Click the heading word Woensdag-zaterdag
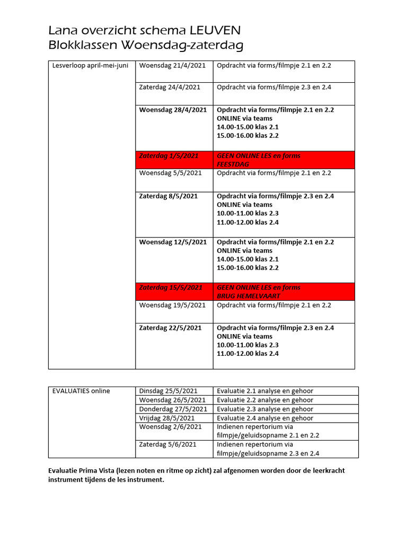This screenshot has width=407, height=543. pyautogui.click(x=179, y=46)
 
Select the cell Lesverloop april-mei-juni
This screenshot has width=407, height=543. pyautogui.click(x=90, y=66)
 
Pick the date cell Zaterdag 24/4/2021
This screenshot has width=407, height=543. pyautogui.click(x=170, y=87)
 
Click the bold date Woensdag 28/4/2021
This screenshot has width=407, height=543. pyautogui.click(x=173, y=110)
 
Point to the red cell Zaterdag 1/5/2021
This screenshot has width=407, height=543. pyautogui.click(x=169, y=156)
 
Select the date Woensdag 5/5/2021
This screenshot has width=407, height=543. pyautogui.click(x=170, y=173)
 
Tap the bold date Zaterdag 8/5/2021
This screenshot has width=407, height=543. pyautogui.click(x=168, y=196)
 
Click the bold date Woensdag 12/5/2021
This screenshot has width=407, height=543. pyautogui.click(x=173, y=242)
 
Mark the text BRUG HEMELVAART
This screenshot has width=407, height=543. pyautogui.click(x=249, y=296)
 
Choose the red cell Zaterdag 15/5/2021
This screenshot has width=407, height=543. pyautogui.click(x=171, y=287)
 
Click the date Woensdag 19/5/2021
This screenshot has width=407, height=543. pyautogui.click(x=172, y=305)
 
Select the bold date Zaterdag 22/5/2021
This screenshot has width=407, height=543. pyautogui.click(x=170, y=328)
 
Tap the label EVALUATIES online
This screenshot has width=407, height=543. pyautogui.click(x=81, y=391)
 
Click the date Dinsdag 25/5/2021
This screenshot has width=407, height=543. pyautogui.click(x=168, y=391)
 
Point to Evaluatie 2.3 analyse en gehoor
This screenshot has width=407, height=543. pyautogui.click(x=265, y=409)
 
